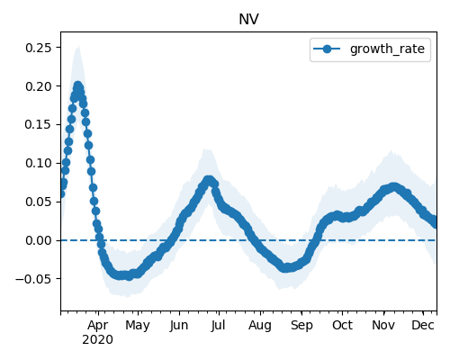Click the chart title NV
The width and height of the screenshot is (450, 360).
click(248, 20)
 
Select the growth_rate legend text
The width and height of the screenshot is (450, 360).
click(387, 49)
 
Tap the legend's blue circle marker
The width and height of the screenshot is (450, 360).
click(327, 49)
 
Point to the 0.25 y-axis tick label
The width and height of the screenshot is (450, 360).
click(39, 48)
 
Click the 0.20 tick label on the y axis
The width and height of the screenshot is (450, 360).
click(39, 86)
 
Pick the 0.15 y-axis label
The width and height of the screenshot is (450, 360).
click(39, 125)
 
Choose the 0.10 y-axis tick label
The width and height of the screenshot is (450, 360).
click(39, 164)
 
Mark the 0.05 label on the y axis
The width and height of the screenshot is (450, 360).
click(39, 202)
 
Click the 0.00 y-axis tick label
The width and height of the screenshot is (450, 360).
click(39, 240)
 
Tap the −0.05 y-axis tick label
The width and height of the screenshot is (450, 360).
click(34, 279)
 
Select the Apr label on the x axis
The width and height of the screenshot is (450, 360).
click(98, 326)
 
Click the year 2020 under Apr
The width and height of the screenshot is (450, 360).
click(98, 340)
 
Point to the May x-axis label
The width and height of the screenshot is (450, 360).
click(138, 326)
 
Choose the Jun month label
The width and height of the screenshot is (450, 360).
click(179, 326)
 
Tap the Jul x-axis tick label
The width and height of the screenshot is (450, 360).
click(218, 326)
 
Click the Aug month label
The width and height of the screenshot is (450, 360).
click(260, 326)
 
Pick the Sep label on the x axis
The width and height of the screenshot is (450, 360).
click(301, 326)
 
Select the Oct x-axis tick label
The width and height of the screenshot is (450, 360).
click(342, 326)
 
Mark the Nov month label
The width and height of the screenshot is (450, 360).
click(383, 326)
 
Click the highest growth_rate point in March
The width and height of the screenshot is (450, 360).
click(78, 85)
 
